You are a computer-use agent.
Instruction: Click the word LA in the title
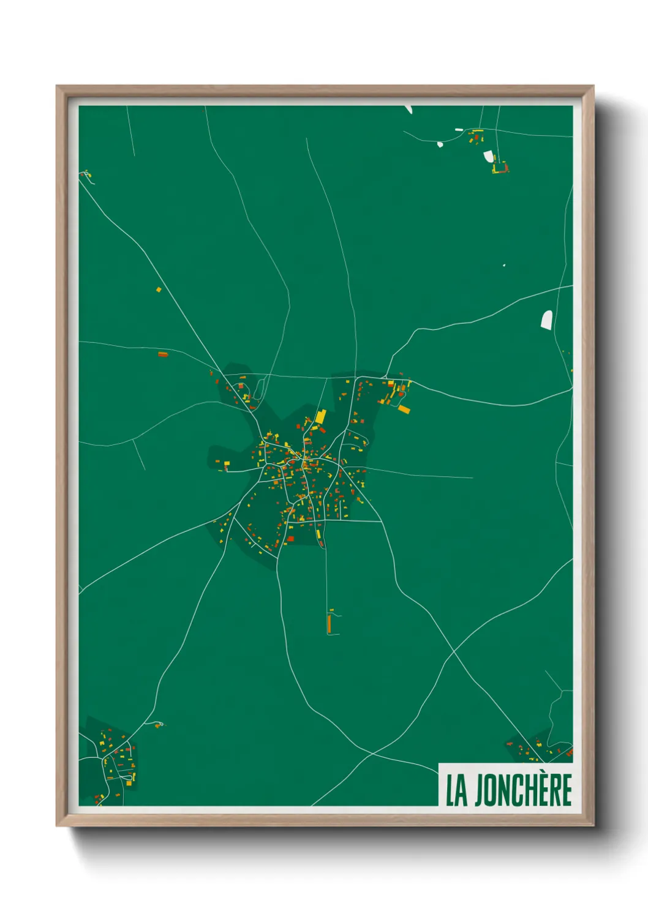456,790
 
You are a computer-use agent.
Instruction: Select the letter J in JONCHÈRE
480,790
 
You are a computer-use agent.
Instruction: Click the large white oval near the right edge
546,320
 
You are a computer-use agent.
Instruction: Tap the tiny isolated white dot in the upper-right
504,265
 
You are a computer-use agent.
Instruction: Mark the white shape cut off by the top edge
409,110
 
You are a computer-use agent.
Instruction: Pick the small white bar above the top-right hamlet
459,129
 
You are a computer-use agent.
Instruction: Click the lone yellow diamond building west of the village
159,289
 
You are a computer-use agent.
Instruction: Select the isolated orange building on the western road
162,354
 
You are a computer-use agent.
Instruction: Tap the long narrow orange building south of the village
330,624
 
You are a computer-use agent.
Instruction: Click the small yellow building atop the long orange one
331,611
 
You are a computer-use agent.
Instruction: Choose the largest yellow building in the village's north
320,417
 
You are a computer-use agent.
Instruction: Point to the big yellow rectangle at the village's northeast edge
404,408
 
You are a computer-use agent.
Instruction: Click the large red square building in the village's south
290,539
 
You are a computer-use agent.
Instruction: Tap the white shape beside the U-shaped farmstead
489,157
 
